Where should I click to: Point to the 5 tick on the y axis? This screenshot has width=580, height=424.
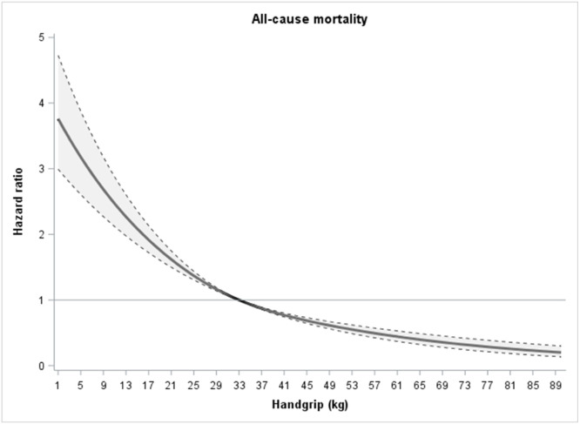(42, 37)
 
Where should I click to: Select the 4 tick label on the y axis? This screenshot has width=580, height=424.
(42, 103)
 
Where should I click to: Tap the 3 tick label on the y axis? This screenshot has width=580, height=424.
(42, 169)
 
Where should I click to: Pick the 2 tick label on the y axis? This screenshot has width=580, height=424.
(42, 234)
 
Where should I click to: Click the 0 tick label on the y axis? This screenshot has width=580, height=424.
(42, 366)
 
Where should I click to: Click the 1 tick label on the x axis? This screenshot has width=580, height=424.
(57, 385)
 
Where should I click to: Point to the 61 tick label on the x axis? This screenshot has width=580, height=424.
(421, 385)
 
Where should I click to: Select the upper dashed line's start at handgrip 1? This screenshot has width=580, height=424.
(57, 55)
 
